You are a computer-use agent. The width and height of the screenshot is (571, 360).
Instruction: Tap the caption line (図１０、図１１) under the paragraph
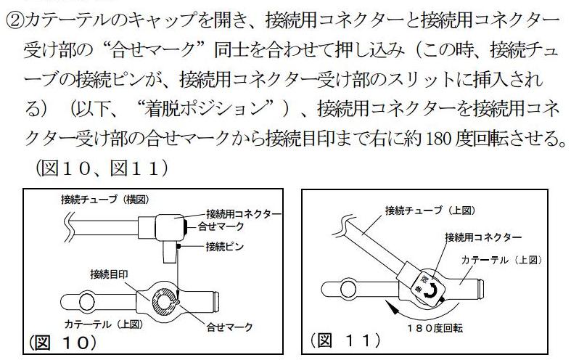click(x=102, y=168)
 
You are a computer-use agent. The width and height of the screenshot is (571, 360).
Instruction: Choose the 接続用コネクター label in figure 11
click(x=483, y=237)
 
